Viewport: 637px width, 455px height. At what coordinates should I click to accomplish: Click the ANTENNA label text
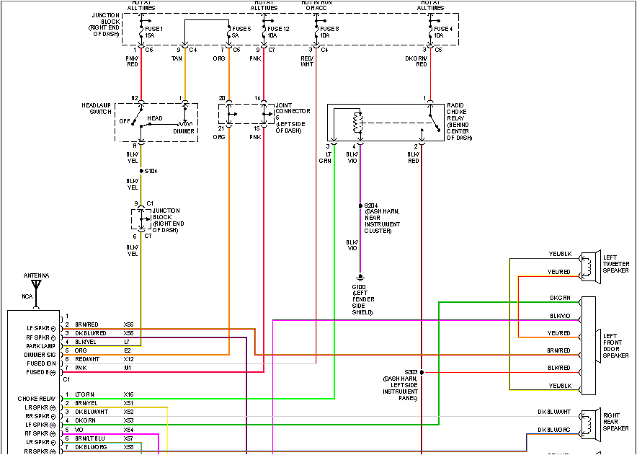coord(36,275)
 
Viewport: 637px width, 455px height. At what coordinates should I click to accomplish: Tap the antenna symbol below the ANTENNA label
coord(36,284)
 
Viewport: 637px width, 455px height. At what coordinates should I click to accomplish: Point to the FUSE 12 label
coord(278,28)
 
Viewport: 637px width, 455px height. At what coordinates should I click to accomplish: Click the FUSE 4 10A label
coord(442,31)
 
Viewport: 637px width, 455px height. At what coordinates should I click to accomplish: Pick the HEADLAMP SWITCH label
coord(96,108)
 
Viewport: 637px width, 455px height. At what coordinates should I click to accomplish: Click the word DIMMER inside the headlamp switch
coord(183,131)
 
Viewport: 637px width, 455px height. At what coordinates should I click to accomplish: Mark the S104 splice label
coord(151,171)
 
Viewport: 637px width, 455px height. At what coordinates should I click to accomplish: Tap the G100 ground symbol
coord(360,277)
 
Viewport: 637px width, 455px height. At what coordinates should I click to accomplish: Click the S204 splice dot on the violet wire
coord(360,206)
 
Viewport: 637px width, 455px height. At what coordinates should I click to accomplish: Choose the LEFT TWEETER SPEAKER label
coord(616,264)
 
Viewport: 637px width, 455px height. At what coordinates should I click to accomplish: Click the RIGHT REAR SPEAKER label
coord(615,421)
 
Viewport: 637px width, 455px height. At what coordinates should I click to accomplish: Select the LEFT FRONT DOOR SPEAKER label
coord(615,345)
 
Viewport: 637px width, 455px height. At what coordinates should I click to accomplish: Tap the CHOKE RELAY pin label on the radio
coord(36,398)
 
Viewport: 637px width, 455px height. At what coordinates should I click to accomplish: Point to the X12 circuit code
coord(128,359)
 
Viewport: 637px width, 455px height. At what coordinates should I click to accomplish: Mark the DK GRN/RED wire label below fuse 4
coord(416,60)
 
